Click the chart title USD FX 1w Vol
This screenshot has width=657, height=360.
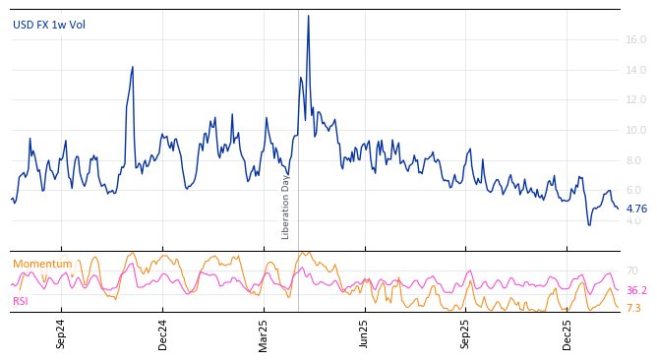tap(49, 25)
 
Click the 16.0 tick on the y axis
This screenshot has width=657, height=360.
tap(635, 40)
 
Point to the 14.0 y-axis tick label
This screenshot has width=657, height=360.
tap(635, 70)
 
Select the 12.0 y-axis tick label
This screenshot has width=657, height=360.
tap(635, 100)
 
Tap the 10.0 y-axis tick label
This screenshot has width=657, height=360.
tap(635, 131)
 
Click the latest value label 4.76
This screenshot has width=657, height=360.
tap(636, 209)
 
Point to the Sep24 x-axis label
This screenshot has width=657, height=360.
tap(61, 333)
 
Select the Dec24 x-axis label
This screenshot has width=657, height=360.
tap(163, 333)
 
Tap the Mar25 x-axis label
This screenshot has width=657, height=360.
tap(264, 333)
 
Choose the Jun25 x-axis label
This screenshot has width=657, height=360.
tap(365, 333)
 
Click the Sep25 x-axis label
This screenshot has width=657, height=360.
tap(466, 333)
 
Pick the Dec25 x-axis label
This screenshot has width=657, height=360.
tap(567, 333)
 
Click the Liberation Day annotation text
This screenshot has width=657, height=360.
tap(286, 207)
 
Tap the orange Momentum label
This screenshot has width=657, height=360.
tap(42, 264)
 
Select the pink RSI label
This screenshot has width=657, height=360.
tap(21, 301)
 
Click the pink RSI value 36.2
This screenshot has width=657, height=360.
tap(636, 290)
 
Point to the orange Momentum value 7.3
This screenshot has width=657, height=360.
tap(633, 308)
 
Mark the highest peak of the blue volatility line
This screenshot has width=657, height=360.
tap(308, 16)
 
